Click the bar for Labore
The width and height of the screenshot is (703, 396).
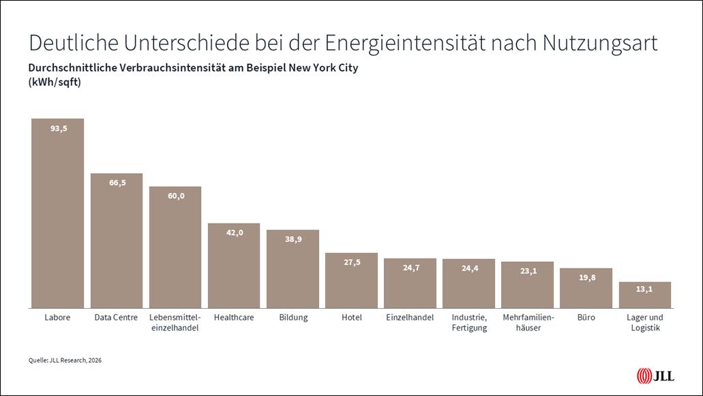click(x=57, y=218)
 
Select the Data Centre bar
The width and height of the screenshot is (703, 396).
click(x=117, y=245)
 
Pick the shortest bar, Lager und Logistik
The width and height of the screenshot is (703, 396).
click(x=644, y=296)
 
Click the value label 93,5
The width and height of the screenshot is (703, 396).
click(x=58, y=128)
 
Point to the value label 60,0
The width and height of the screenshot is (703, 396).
click(x=175, y=196)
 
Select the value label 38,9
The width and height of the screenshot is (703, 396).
click(x=293, y=239)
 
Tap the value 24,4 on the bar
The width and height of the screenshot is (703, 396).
click(x=468, y=269)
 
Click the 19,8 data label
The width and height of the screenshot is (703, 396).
click(x=586, y=277)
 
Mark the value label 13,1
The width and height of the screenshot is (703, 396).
click(x=644, y=290)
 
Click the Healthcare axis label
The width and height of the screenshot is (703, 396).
click(x=234, y=318)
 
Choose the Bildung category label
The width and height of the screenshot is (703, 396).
click(x=293, y=318)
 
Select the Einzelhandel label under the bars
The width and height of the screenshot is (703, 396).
click(x=410, y=318)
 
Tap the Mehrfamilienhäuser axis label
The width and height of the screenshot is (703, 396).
click(x=527, y=322)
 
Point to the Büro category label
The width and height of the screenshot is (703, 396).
click(x=586, y=318)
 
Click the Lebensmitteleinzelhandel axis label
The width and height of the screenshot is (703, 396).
click(x=175, y=322)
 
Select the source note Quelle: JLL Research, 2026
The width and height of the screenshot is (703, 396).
click(x=60, y=359)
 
